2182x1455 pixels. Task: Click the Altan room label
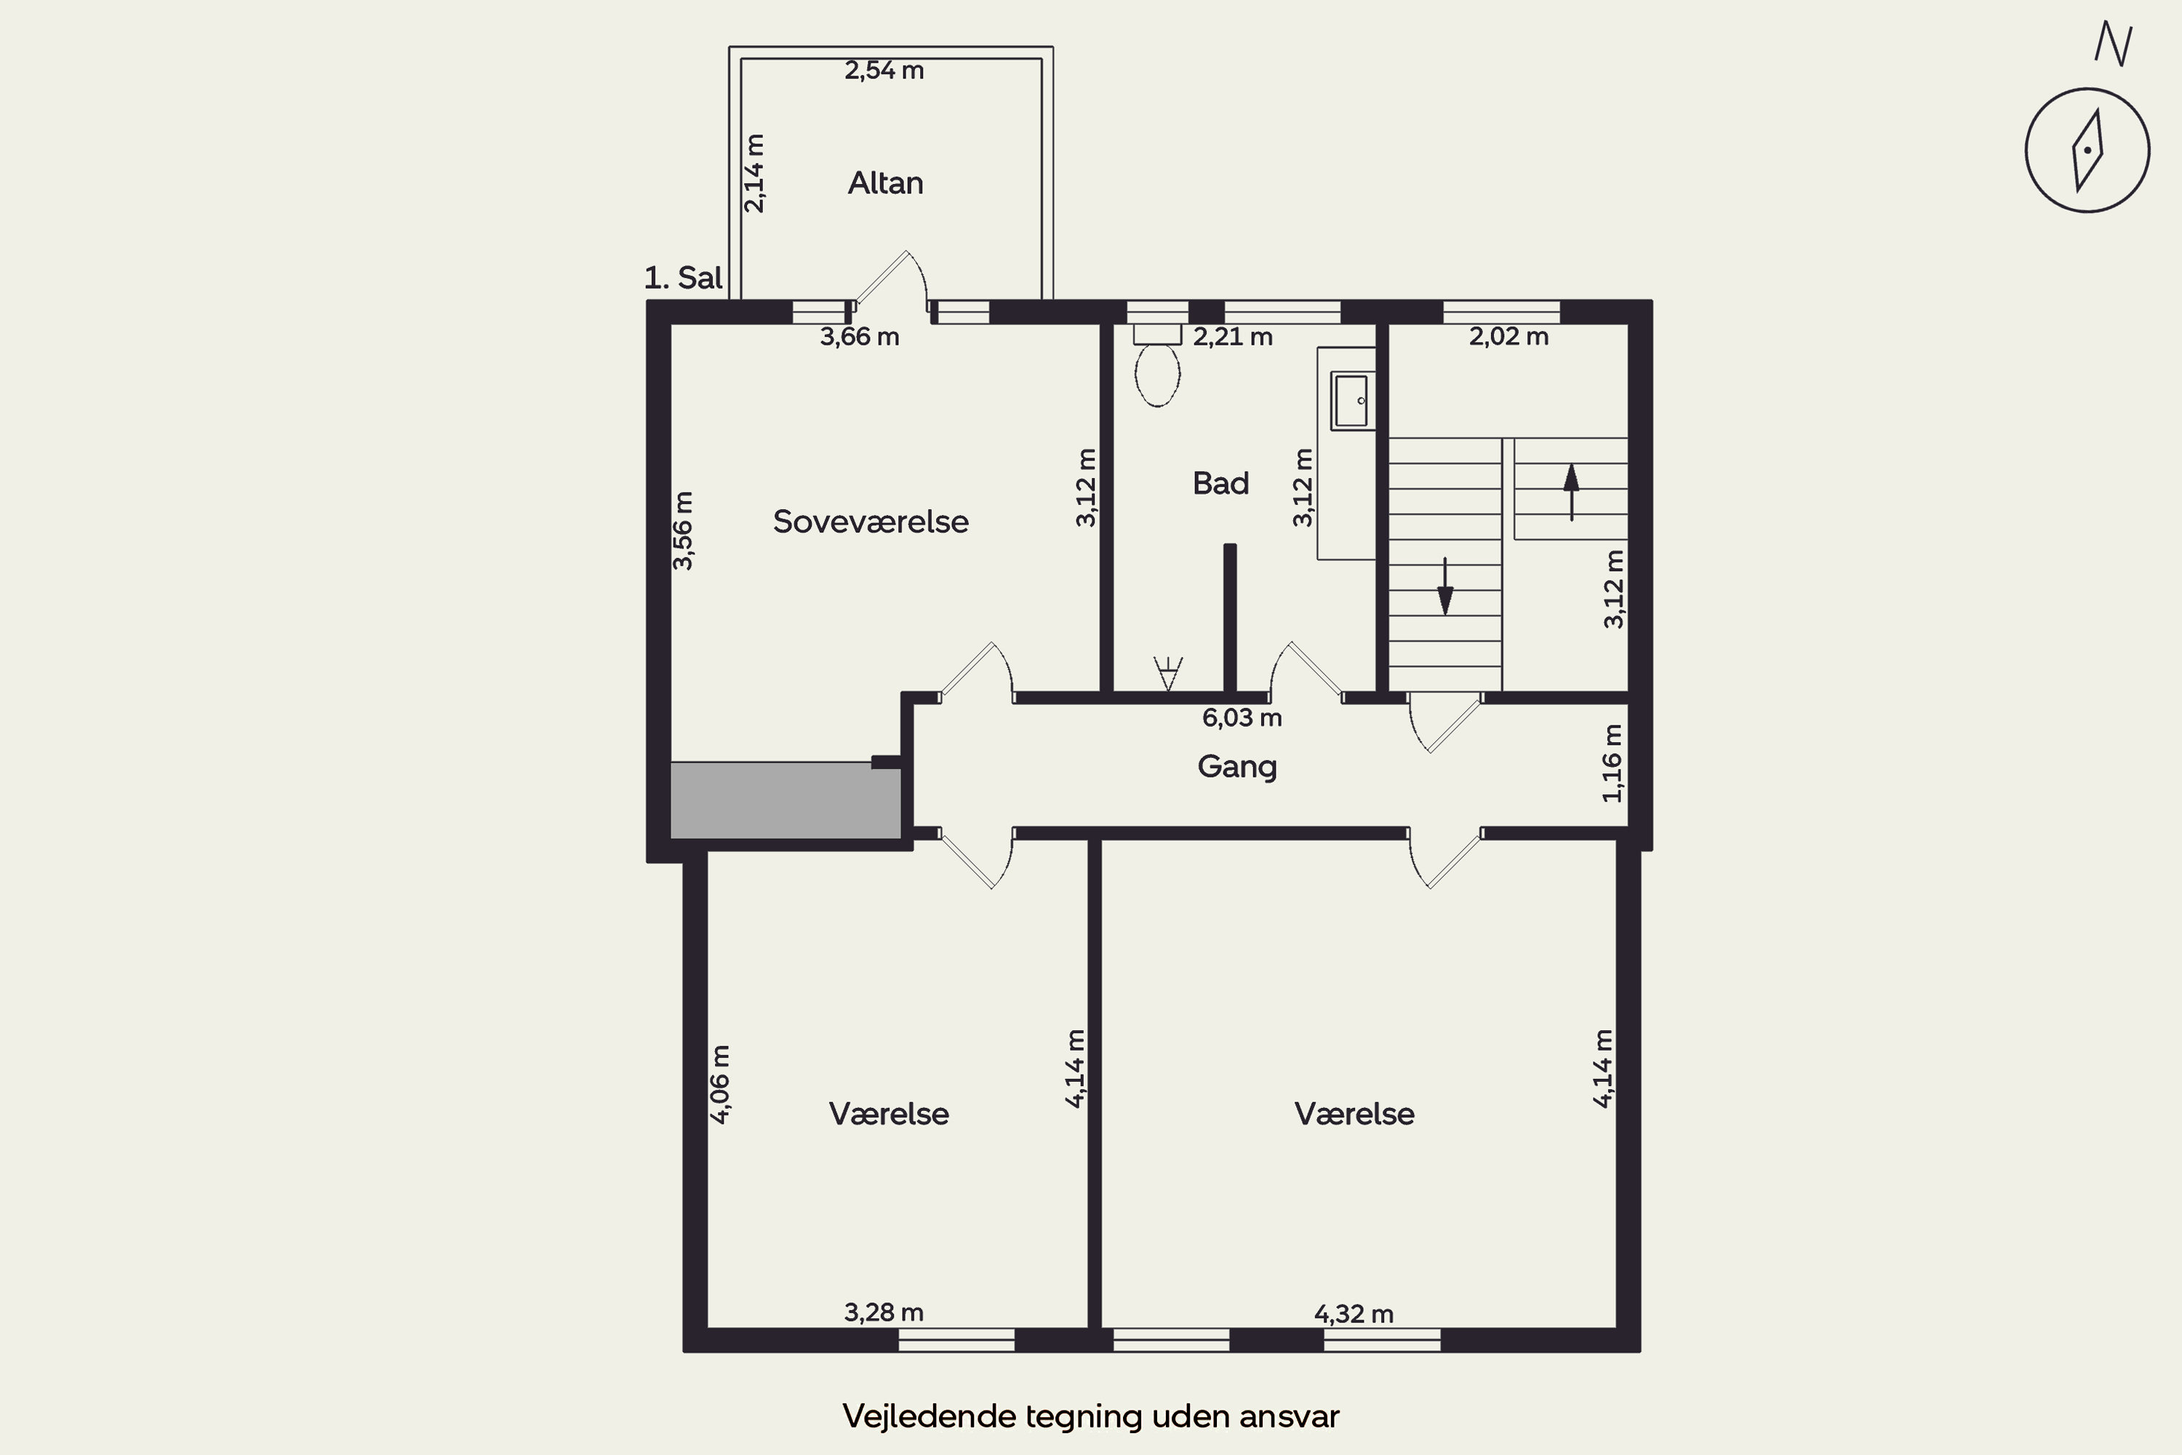[885, 183]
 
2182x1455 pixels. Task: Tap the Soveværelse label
[870, 522]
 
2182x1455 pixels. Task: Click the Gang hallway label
[1236, 767]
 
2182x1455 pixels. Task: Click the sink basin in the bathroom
[1351, 400]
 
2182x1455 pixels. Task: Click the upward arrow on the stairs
[1570, 492]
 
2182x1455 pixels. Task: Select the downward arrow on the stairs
[1444, 586]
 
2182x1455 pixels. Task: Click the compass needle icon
[2087, 151]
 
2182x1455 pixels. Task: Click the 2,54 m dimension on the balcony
[884, 71]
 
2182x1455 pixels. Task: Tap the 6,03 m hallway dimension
[1242, 717]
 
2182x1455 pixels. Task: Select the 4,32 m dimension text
[1354, 1314]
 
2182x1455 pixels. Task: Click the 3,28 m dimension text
[883, 1312]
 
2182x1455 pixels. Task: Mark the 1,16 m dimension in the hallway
[1612, 762]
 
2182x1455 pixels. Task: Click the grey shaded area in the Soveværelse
[786, 800]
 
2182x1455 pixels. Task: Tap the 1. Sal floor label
[683, 277]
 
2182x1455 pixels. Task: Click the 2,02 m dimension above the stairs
[1508, 337]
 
